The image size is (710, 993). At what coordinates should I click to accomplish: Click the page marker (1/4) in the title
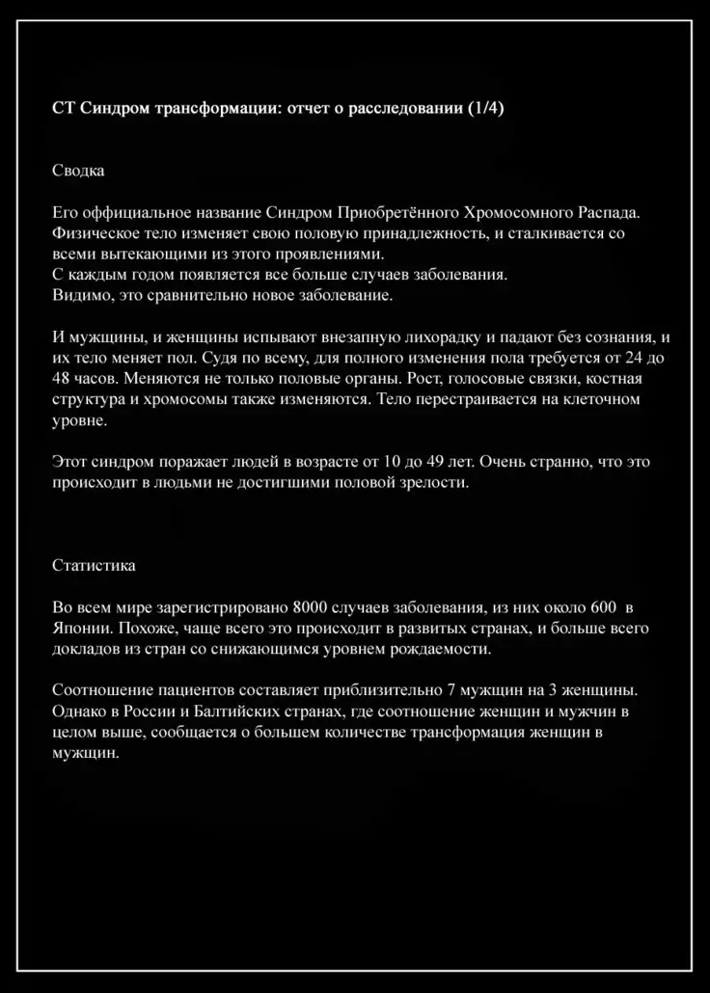click(x=485, y=108)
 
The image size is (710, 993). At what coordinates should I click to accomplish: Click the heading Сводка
click(x=78, y=171)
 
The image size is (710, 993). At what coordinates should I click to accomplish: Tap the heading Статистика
click(x=94, y=565)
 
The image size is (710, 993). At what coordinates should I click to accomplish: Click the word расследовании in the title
click(x=408, y=108)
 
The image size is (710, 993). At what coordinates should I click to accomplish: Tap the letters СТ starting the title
click(x=62, y=108)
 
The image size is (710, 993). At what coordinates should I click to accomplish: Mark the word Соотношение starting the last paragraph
click(x=98, y=691)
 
